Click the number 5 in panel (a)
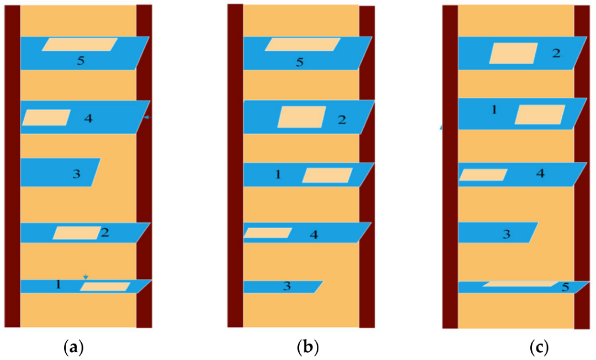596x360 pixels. click(81, 61)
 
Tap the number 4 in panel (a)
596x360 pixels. click(88, 118)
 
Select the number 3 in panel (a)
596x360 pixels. click(77, 174)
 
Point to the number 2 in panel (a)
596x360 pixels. click(105, 232)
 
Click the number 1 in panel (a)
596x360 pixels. click(58, 285)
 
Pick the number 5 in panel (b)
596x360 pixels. click(300, 62)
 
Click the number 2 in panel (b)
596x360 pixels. click(342, 120)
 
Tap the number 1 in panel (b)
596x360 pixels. click(278, 175)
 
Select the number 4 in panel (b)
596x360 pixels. click(313, 235)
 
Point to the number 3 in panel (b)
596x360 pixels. click(286, 287)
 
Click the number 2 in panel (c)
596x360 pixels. click(556, 54)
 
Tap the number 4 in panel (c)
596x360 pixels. click(540, 173)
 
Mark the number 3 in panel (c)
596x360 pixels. click(507, 235)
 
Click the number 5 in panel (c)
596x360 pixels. click(565, 287)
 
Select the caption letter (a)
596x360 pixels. click(74, 348)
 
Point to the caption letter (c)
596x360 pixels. click(538, 348)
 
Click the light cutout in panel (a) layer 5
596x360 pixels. click(80, 45)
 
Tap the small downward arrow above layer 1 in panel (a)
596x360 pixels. click(86, 276)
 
